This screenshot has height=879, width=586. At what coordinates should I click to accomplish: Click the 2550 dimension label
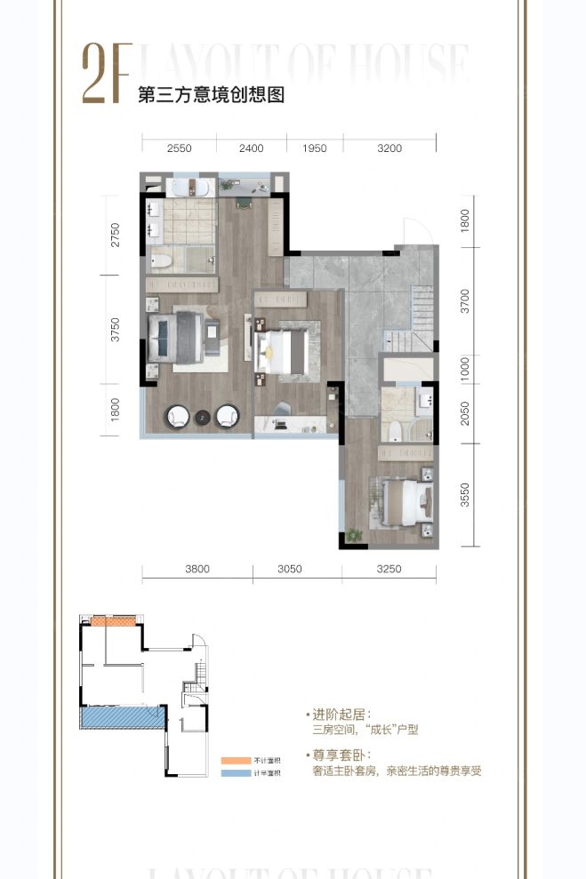coord(179,148)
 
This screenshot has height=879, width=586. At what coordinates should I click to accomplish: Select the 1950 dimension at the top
coord(315,148)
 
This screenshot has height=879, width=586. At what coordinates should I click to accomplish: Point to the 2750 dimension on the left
coord(114,236)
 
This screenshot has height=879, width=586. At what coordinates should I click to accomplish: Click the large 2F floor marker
coord(106,75)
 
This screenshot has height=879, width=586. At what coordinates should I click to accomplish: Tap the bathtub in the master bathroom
coord(189,188)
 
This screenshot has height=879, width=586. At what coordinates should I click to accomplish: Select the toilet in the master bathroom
coord(161,261)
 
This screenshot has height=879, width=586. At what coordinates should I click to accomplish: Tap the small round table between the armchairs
coord(202,415)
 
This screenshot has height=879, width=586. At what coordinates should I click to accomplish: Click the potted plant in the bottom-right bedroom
coord(355,535)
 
